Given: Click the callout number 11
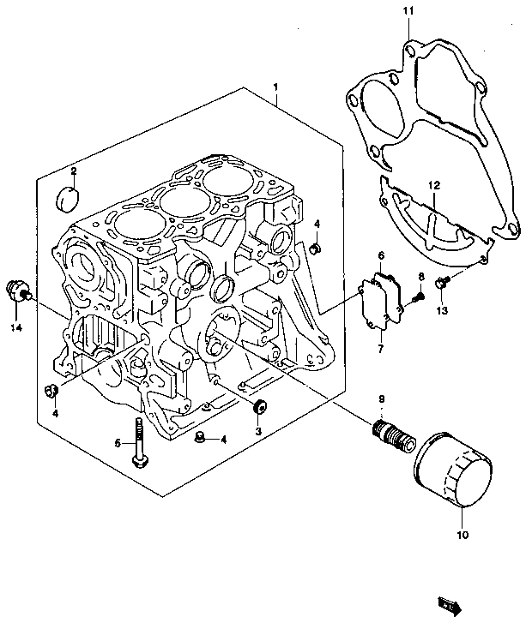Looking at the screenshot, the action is tap(408, 10).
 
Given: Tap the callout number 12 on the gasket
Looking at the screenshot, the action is tap(434, 185).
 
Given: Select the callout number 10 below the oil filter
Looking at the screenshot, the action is tap(462, 535).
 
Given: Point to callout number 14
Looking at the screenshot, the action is tap(16, 327).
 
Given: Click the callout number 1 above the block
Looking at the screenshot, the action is tap(275, 87).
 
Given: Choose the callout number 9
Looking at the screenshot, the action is tap(382, 399).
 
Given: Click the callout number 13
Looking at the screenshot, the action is tap(442, 310).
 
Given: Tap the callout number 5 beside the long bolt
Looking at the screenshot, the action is tap(118, 443).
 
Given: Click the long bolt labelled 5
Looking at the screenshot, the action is tap(139, 443).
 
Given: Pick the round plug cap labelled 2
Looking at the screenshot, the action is tap(69, 199).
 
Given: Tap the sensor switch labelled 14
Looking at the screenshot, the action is tap(18, 291).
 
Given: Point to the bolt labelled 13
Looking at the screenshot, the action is tap(442, 281).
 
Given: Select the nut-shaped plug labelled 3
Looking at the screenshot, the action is tap(260, 407).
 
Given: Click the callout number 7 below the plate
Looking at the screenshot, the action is tap(381, 349).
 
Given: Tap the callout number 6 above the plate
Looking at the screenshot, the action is tap(381, 255).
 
